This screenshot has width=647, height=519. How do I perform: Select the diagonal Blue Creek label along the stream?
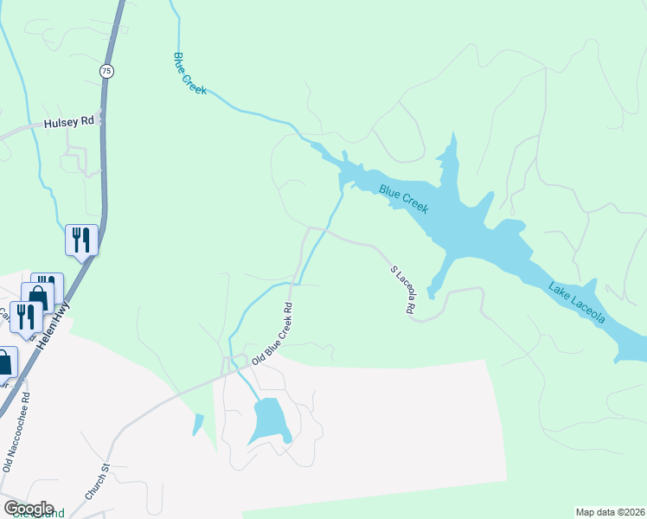pos(189,73)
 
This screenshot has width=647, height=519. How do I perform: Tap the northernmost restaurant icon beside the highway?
pos(82,239)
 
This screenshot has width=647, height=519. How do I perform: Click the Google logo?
pos(29,509)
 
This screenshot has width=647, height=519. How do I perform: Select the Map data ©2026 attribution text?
pos(610,512)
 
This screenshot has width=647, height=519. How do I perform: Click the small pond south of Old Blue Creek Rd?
pos(269,419)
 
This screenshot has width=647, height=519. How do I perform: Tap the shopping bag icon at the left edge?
pos(4,362)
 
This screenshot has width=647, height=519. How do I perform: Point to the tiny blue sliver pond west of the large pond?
pos(199,424)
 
